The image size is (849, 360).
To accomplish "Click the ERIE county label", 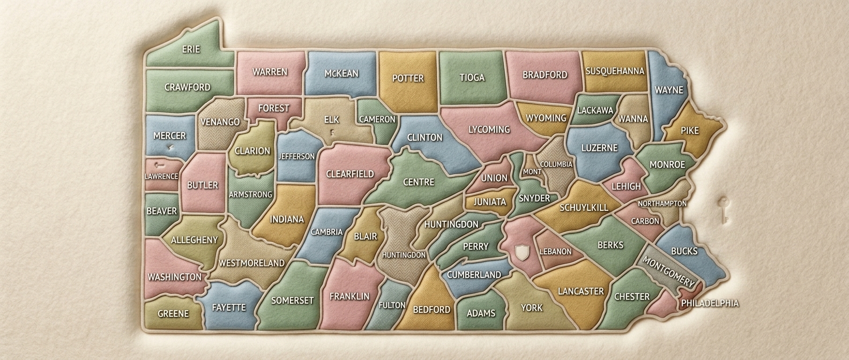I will pyautogui.click(x=191, y=49).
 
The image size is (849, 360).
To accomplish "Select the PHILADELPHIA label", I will pyautogui.click(x=710, y=303).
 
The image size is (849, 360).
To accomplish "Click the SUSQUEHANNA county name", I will pyautogui.click(x=614, y=71).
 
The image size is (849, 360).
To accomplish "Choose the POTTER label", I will pyautogui.click(x=408, y=78).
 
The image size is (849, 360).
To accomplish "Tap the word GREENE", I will pyautogui.click(x=173, y=313).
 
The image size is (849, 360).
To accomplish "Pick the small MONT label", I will pyautogui.click(x=532, y=171).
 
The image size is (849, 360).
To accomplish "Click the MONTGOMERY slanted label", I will pyautogui.click(x=668, y=272).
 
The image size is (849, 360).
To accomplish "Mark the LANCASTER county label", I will pyautogui.click(x=580, y=291).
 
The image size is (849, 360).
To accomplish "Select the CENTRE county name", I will pyautogui.click(x=418, y=182).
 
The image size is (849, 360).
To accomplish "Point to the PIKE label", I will pyautogui.click(x=689, y=131).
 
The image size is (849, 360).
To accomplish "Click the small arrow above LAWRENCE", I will pyautogui.click(x=159, y=165).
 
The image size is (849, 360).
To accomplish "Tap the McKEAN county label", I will pyautogui.click(x=341, y=73).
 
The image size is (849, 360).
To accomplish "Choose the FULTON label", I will pyautogui.click(x=392, y=305).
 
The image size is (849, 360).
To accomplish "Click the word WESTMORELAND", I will pyautogui.click(x=251, y=263).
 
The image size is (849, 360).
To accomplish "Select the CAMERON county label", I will pyautogui.click(x=377, y=119).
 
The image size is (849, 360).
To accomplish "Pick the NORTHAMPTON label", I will pyautogui.click(x=662, y=204).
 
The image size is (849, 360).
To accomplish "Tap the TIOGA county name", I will pyautogui.click(x=472, y=78).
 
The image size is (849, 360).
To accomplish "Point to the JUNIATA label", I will pyautogui.click(x=489, y=202).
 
